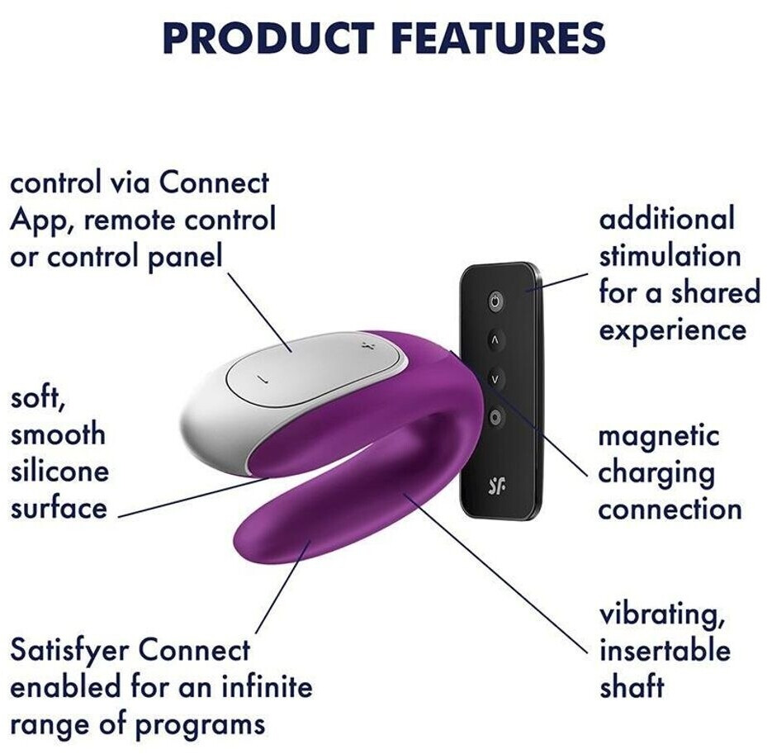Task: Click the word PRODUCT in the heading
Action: (x=268, y=37)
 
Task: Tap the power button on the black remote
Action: (x=495, y=301)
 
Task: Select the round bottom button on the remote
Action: (x=495, y=417)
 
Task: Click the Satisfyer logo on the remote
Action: (x=497, y=485)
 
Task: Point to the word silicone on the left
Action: (x=59, y=472)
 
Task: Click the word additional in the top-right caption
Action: (x=667, y=218)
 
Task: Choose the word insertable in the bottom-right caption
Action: (x=665, y=650)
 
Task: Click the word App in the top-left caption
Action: (x=41, y=221)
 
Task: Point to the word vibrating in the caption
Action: (x=662, y=615)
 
